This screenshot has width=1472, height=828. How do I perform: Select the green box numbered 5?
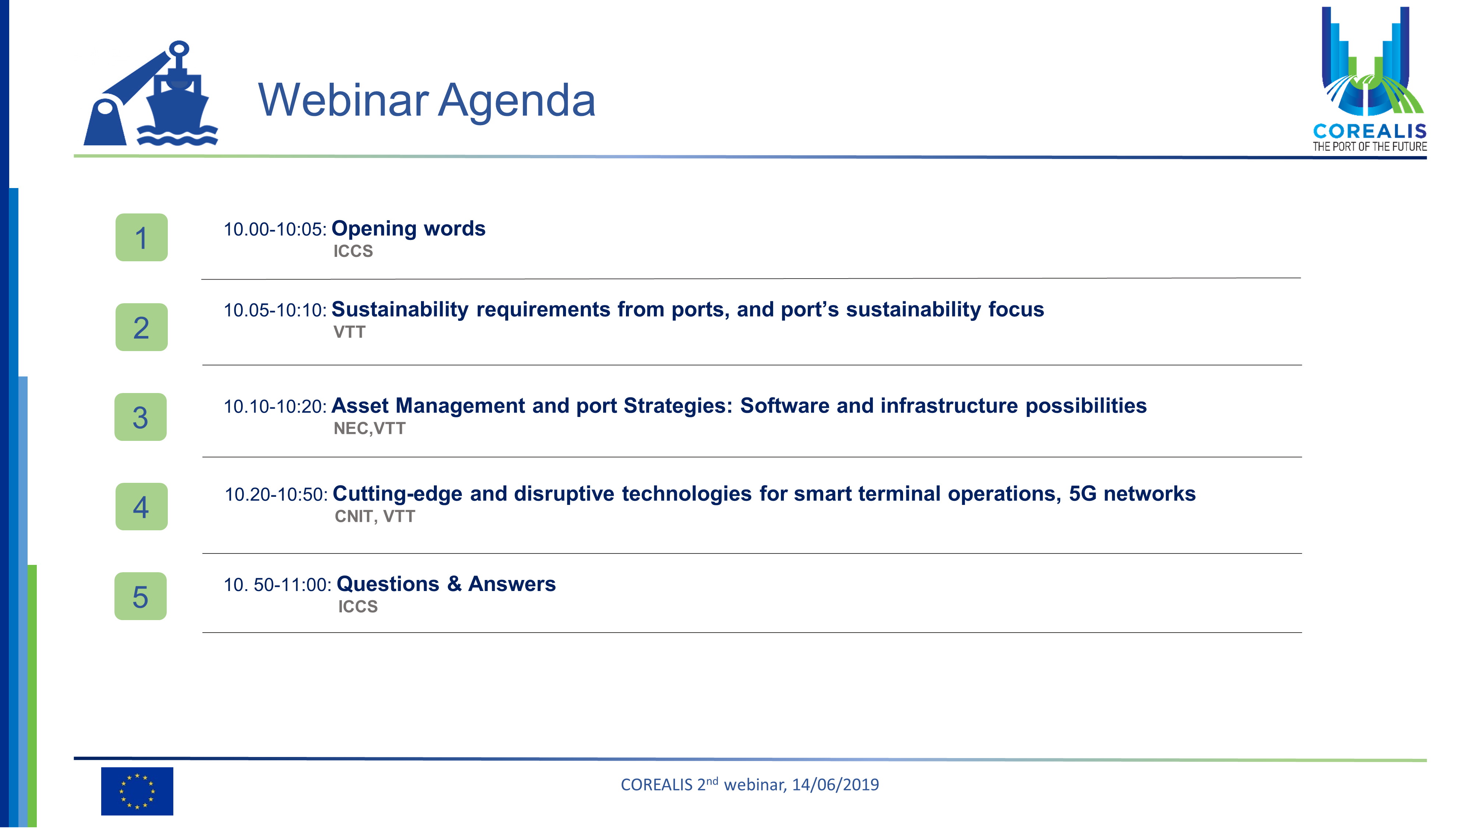tap(141, 596)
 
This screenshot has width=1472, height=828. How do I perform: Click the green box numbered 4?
tap(142, 506)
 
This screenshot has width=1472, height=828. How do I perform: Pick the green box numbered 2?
tap(142, 327)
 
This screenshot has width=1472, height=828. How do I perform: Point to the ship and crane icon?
tap(151, 93)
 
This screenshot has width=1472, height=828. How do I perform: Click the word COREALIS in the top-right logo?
tap(1370, 131)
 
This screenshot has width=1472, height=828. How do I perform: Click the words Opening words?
tap(408, 229)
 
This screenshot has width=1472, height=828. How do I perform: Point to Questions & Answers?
tap(446, 584)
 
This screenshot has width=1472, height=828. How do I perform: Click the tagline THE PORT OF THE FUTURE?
tap(1370, 147)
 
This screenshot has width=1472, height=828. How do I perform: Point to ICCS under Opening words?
tap(353, 251)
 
